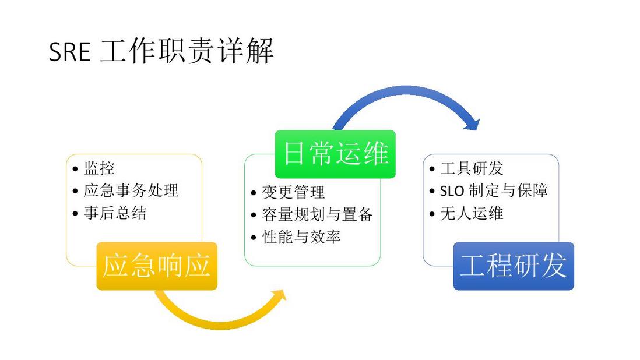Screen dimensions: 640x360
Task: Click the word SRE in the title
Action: click(69, 52)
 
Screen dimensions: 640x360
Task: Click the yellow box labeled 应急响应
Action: click(157, 266)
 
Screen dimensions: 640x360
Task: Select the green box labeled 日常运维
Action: click(335, 154)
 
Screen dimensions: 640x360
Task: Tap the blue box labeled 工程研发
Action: click(514, 266)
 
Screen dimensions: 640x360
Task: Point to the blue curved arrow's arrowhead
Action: click(473, 123)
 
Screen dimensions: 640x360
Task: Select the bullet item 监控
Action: click(99, 168)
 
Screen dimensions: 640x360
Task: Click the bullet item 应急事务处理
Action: click(131, 190)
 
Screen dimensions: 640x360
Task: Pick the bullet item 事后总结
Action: click(115, 213)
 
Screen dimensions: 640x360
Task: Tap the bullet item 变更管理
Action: click(293, 192)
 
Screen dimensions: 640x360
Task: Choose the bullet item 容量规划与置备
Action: click(318, 214)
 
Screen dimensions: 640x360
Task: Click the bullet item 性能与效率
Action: click(301, 237)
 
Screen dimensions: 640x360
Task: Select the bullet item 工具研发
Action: click(472, 168)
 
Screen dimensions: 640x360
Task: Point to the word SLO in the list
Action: click(452, 191)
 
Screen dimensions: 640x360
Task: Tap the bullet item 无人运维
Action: click(472, 213)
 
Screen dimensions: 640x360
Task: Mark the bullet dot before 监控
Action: click(75, 169)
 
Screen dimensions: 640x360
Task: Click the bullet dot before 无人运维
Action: click(432, 214)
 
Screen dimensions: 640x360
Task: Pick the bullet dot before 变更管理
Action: click(254, 193)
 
